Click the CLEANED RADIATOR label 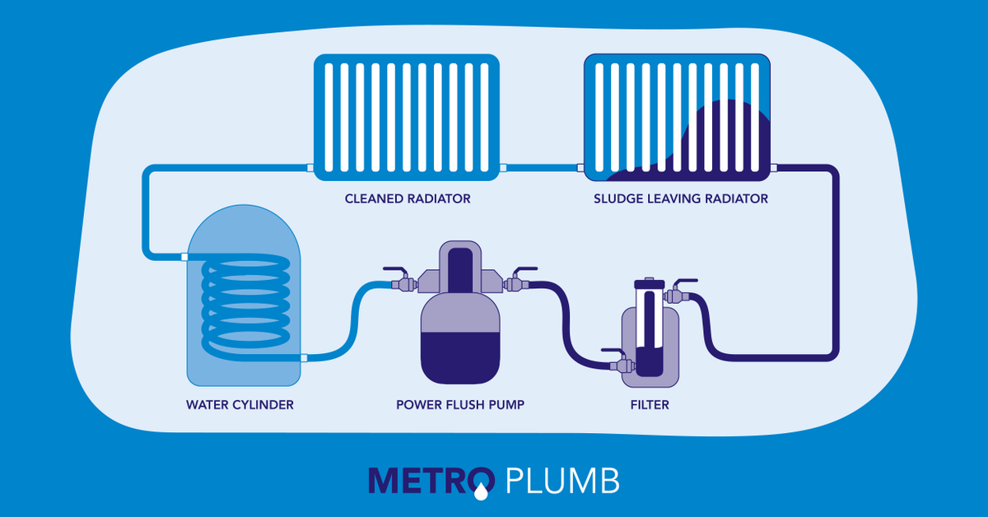(x=408, y=198)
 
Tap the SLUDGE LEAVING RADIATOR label (x=680, y=198)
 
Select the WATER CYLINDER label (x=240, y=404)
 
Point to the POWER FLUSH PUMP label (x=460, y=404)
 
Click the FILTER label (x=650, y=404)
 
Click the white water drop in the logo (x=480, y=492)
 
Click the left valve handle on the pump (x=396, y=269)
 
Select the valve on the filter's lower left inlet (x=616, y=362)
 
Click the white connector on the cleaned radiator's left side (x=310, y=168)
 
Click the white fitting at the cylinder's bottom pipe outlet (x=304, y=357)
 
